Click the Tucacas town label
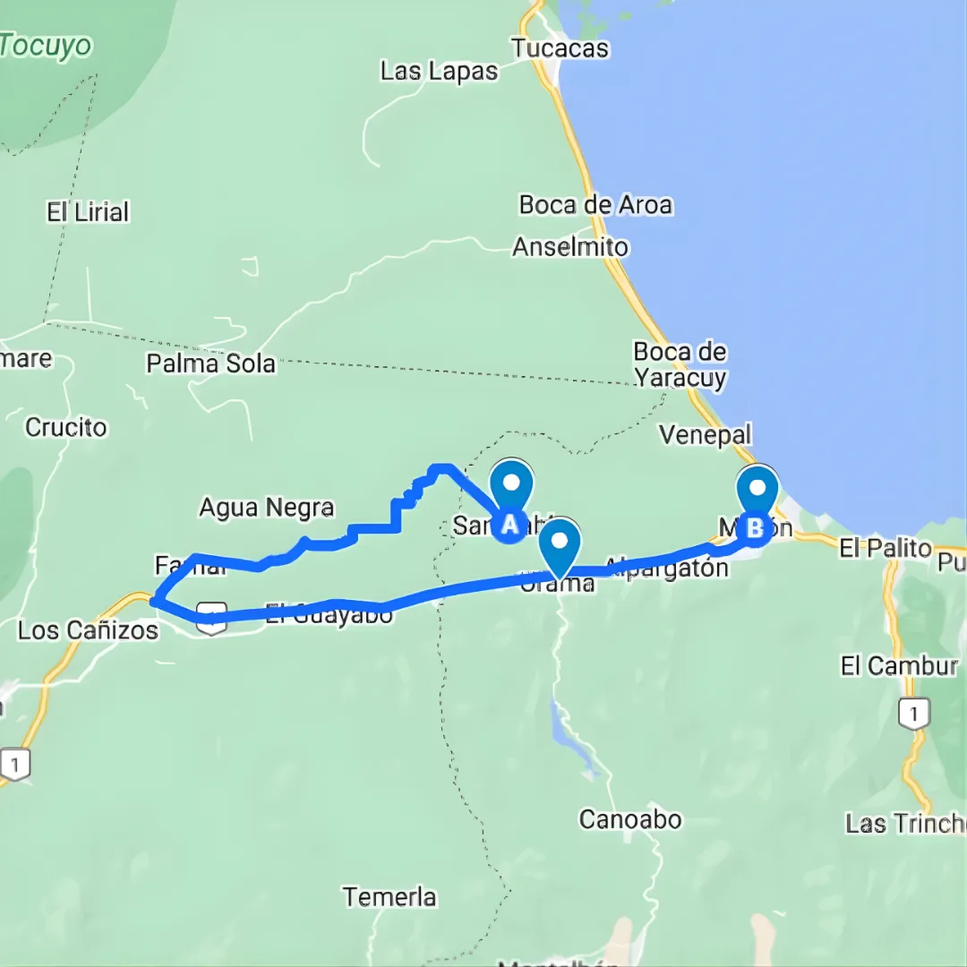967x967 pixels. coord(561,48)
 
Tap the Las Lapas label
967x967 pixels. coord(439,72)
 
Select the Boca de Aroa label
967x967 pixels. coord(595,205)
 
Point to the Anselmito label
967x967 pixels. coord(570,246)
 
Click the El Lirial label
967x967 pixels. coord(89,212)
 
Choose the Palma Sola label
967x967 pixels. coord(211,364)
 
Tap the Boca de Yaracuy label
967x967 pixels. coord(680,364)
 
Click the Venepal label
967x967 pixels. coord(706,435)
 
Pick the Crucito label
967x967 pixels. coord(66,427)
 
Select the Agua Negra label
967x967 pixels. coord(266,509)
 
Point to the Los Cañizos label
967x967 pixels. coord(88,630)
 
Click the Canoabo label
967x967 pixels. coord(630,819)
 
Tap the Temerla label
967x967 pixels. coord(390,896)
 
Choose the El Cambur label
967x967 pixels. coord(899,666)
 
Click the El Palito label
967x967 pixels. coord(886,548)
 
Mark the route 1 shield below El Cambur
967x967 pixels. coord(913,714)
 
